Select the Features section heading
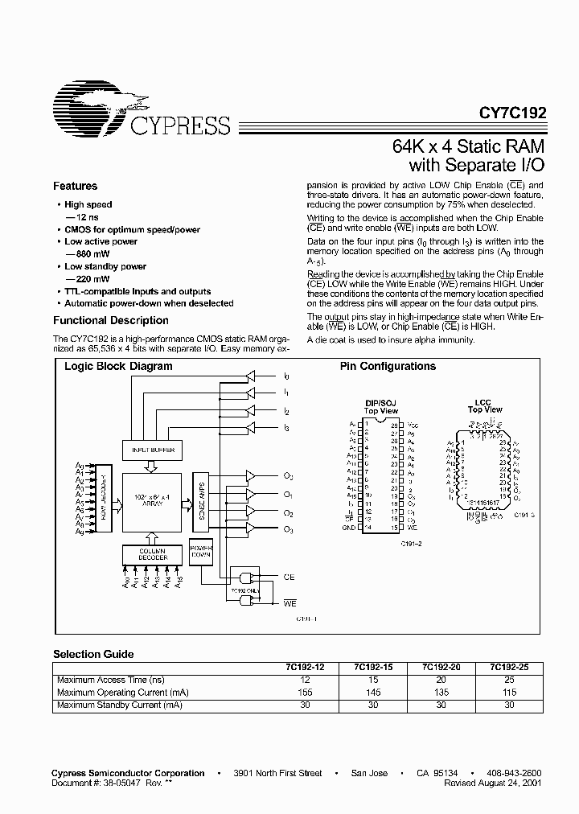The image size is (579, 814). (75, 186)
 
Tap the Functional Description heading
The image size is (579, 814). (99, 320)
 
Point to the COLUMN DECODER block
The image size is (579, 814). (146, 553)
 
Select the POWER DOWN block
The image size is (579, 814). (201, 553)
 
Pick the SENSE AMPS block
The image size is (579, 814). (201, 499)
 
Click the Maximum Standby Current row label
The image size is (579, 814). (119, 705)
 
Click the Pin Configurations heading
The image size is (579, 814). (388, 366)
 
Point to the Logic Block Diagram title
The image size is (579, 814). (118, 366)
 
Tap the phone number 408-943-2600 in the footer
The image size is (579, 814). (515, 773)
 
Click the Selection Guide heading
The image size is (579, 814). (93, 654)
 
